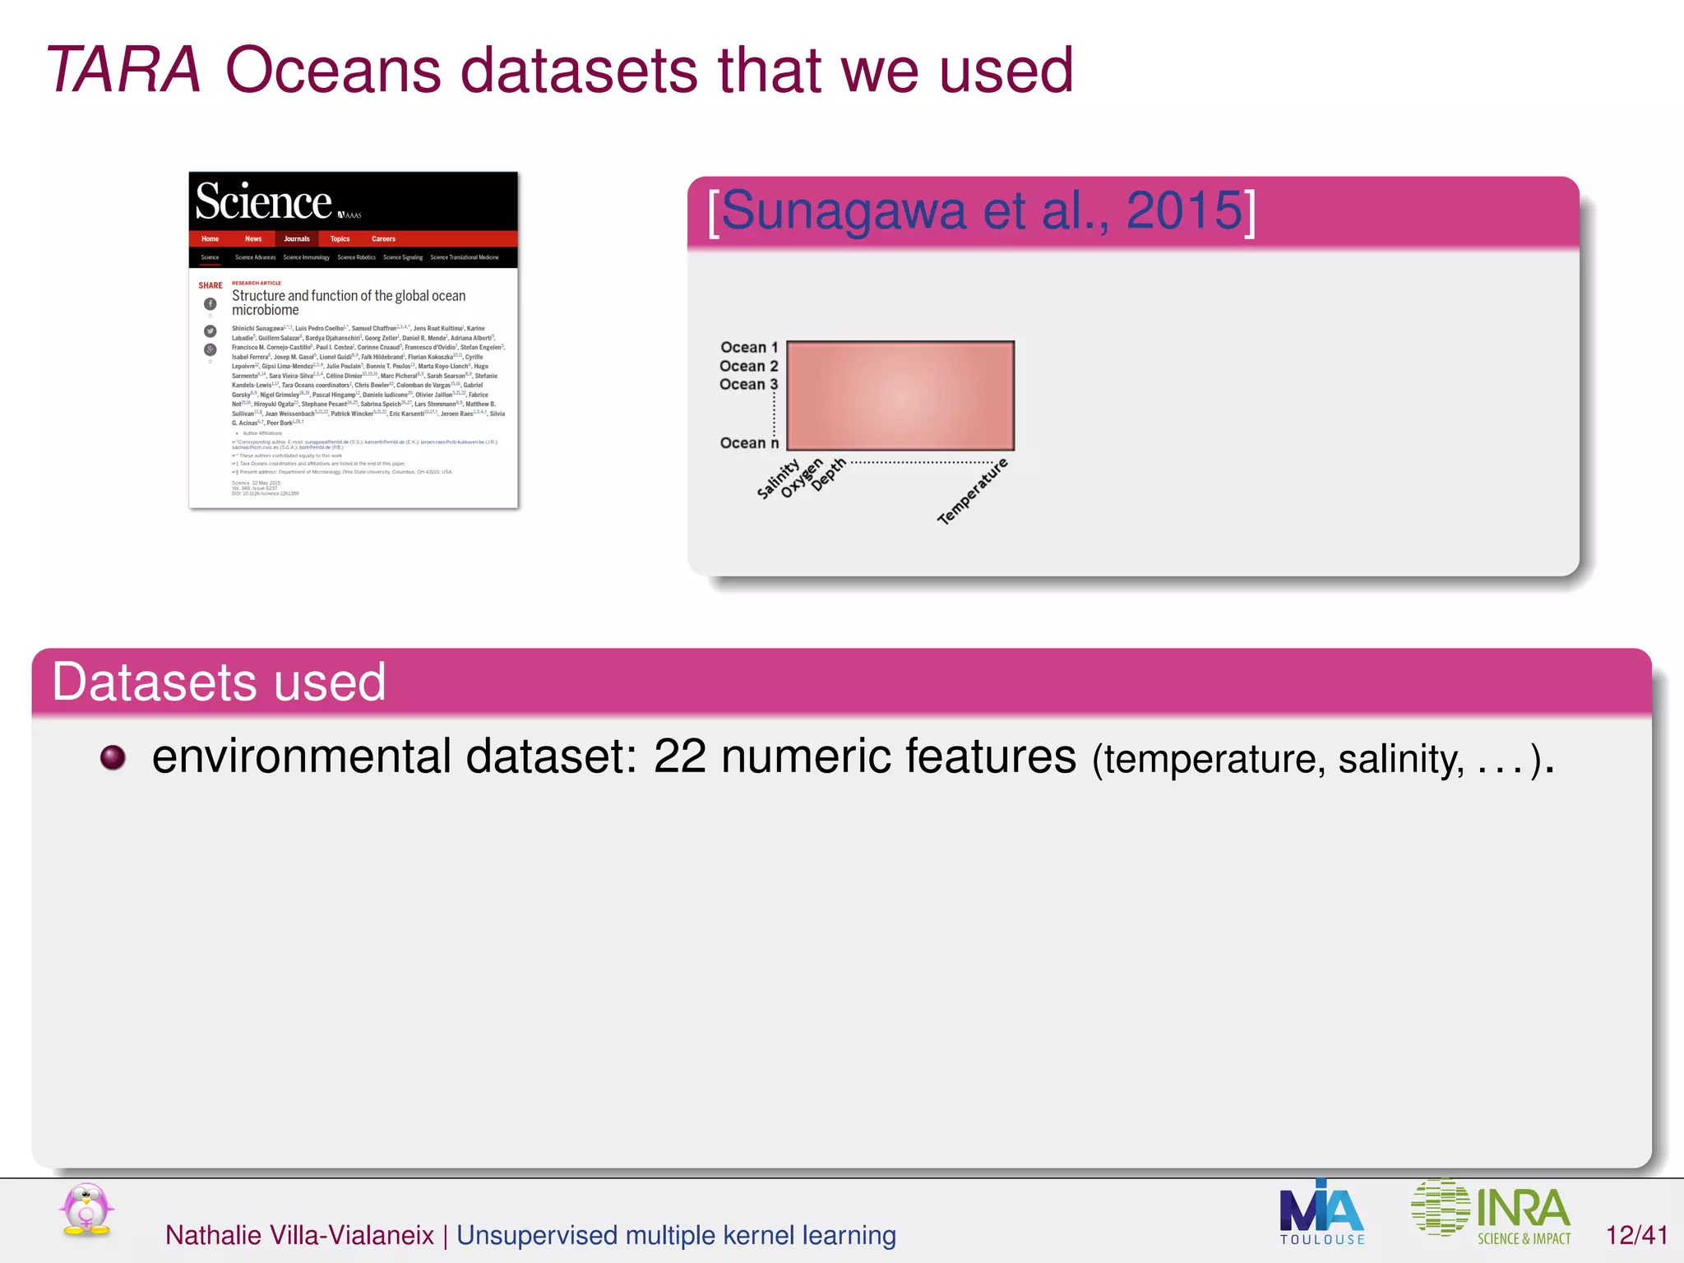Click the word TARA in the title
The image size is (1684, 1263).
[123, 71]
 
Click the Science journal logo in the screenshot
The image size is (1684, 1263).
[264, 202]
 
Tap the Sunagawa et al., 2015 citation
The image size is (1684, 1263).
[981, 210]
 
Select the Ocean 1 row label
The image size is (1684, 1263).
[748, 348]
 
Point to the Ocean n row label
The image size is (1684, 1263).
[748, 443]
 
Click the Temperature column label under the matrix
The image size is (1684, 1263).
[972, 492]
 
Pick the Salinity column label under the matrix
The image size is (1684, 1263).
[777, 479]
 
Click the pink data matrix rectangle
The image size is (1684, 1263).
[900, 396]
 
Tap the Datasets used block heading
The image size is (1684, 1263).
[219, 682]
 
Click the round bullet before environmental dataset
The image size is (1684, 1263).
[113, 757]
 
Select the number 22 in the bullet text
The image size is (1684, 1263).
[679, 756]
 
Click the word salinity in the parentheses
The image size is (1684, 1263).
[1400, 759]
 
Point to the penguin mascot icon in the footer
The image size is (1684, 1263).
[86, 1210]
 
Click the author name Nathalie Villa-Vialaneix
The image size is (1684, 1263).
[299, 1235]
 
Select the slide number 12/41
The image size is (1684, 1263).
[1636, 1235]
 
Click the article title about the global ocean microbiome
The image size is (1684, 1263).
[348, 303]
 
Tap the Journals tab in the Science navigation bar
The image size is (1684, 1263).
[297, 239]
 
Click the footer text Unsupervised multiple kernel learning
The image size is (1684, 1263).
[676, 1235]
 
